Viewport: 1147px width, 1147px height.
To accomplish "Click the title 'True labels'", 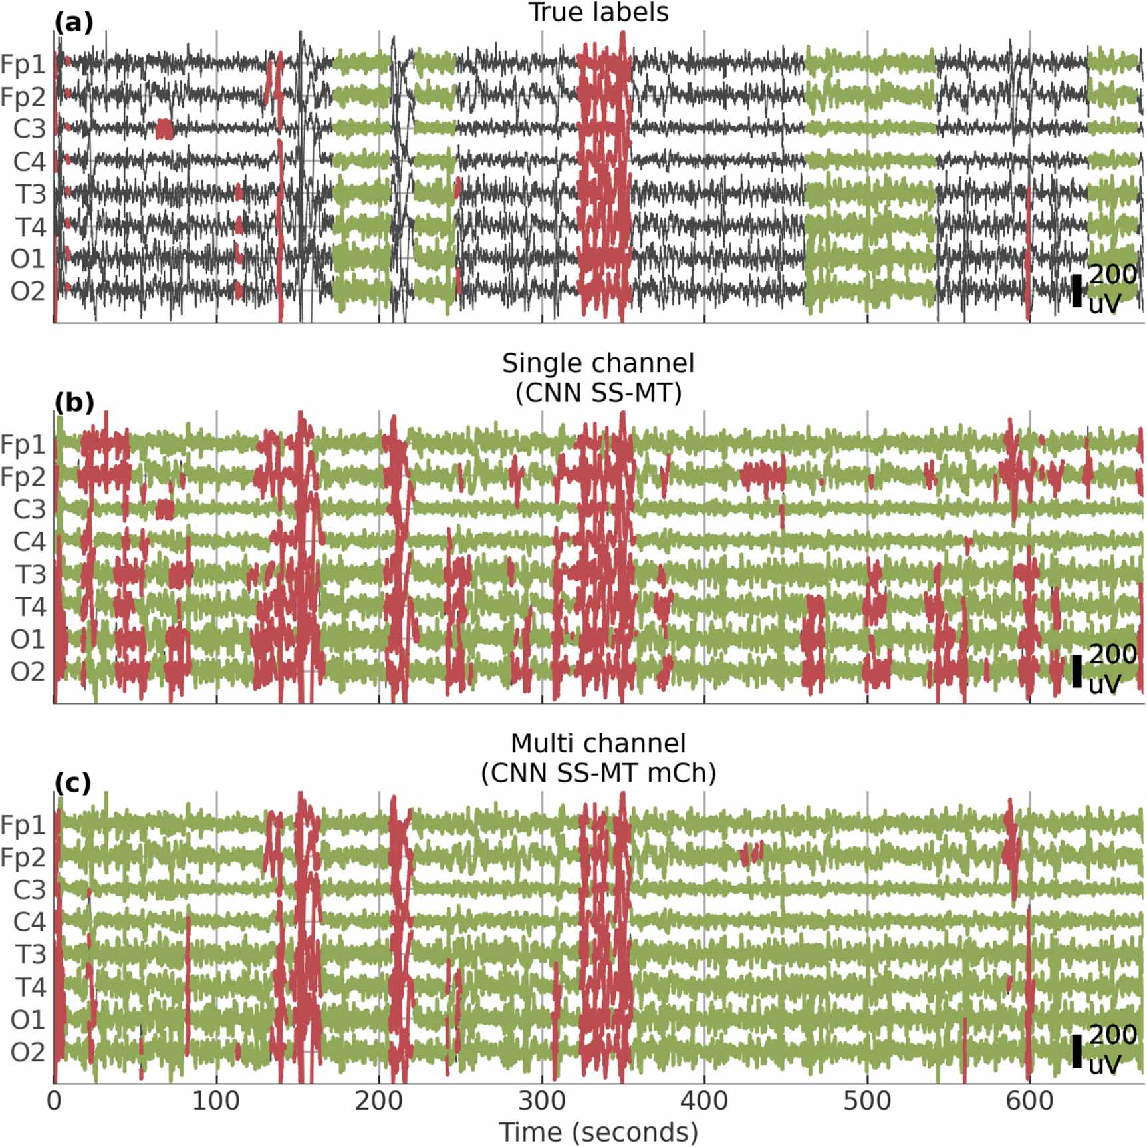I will pyautogui.click(x=598, y=13).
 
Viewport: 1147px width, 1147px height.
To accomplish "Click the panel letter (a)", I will pyautogui.click(x=73, y=23).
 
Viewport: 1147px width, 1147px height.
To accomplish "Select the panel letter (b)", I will pyautogui.click(x=74, y=403).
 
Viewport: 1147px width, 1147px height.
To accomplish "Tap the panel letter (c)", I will pyautogui.click(x=72, y=783).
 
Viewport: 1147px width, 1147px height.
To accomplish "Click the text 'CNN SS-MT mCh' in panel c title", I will pyautogui.click(x=598, y=773).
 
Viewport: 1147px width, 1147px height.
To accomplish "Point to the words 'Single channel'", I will pyautogui.click(x=598, y=363).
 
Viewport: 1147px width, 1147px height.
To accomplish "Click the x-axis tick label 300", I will pyautogui.click(x=541, y=1100).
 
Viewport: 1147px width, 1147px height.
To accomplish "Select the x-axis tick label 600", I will pyautogui.click(x=1029, y=1100).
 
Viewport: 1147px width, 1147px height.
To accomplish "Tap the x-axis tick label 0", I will pyautogui.click(x=54, y=1100).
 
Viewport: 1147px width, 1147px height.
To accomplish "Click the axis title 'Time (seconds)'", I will pyautogui.click(x=598, y=1132).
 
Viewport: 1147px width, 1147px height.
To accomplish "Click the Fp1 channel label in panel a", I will pyautogui.click(x=23, y=65).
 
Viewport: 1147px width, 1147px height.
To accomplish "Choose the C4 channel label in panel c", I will pyautogui.click(x=30, y=922).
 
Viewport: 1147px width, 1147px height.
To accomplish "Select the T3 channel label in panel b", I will pyautogui.click(x=31, y=574).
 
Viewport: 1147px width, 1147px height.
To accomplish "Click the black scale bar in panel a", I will pyautogui.click(x=1077, y=291).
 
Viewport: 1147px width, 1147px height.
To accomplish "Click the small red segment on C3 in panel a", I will pyautogui.click(x=164, y=129).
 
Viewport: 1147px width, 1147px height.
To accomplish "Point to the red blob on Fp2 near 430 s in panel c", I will pyautogui.click(x=751, y=852).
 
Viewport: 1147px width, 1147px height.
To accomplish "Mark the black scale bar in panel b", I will pyautogui.click(x=1077, y=671).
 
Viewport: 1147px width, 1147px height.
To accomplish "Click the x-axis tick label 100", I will pyautogui.click(x=215, y=1100).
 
